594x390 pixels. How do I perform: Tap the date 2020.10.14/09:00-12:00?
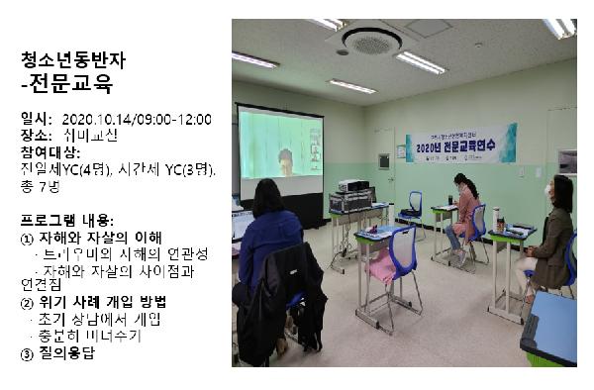coord(143,120)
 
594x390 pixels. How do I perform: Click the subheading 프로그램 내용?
coord(67,219)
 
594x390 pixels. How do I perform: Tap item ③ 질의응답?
coord(58,350)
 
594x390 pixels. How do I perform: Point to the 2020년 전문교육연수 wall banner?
coord(460,143)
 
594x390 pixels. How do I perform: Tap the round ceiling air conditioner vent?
coord(371,41)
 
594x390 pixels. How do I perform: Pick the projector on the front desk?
coord(353,186)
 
